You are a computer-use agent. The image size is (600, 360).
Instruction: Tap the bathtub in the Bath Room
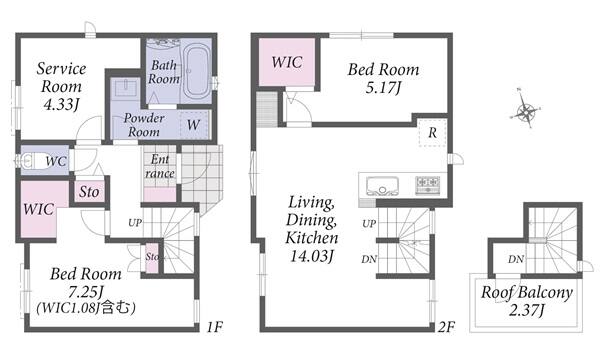click(196, 71)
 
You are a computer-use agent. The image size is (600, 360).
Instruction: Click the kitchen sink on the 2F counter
click(382, 186)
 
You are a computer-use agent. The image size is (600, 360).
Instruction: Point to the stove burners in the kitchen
click(427, 185)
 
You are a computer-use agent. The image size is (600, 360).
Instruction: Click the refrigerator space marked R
click(432, 133)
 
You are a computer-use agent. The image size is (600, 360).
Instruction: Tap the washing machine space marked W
click(194, 124)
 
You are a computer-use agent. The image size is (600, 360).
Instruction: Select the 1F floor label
click(214, 327)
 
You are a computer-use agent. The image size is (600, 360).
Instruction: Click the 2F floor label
click(446, 327)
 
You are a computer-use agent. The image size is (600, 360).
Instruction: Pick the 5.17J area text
click(383, 88)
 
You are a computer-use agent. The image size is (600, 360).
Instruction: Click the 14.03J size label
click(312, 256)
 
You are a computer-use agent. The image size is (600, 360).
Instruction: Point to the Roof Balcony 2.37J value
click(527, 310)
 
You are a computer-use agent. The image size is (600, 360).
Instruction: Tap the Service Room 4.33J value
click(61, 104)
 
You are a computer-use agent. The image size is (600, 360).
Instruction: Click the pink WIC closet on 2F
click(287, 62)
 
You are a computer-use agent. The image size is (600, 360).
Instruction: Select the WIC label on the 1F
click(38, 209)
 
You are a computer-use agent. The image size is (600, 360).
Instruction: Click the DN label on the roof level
click(516, 259)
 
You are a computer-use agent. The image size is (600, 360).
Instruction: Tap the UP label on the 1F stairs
click(135, 223)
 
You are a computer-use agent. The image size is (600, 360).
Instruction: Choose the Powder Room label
click(144, 125)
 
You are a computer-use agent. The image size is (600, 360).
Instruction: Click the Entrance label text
click(160, 166)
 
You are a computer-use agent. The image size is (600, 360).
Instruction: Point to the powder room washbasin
click(125, 88)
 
